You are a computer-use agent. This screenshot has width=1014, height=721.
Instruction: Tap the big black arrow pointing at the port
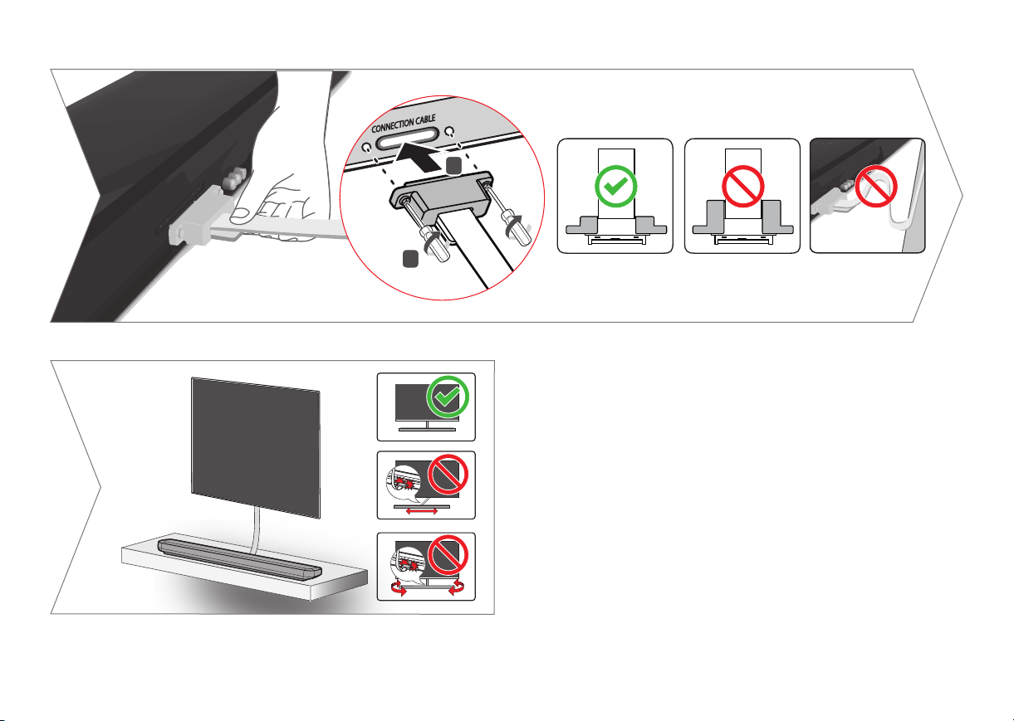pos(419,157)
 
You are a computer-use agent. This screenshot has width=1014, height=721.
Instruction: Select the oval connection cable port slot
pos(407,138)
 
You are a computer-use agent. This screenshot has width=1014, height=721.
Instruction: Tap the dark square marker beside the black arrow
pos(453,165)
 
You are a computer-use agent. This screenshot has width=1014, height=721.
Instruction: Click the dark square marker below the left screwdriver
pos(410,259)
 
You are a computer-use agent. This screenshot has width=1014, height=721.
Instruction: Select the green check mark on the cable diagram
pos(615,187)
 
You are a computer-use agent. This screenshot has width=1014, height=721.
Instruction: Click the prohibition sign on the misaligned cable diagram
pos(742,187)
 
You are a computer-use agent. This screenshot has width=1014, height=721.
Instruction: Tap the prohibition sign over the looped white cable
pos(876,187)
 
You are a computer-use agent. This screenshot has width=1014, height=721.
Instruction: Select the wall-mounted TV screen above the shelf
pos(256,447)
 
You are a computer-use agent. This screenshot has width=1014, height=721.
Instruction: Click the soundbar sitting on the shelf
pos(240,559)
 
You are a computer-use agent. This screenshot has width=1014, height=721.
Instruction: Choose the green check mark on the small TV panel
pos(448,397)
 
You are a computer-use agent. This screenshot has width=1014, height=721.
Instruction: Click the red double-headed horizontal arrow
pos(422,512)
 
